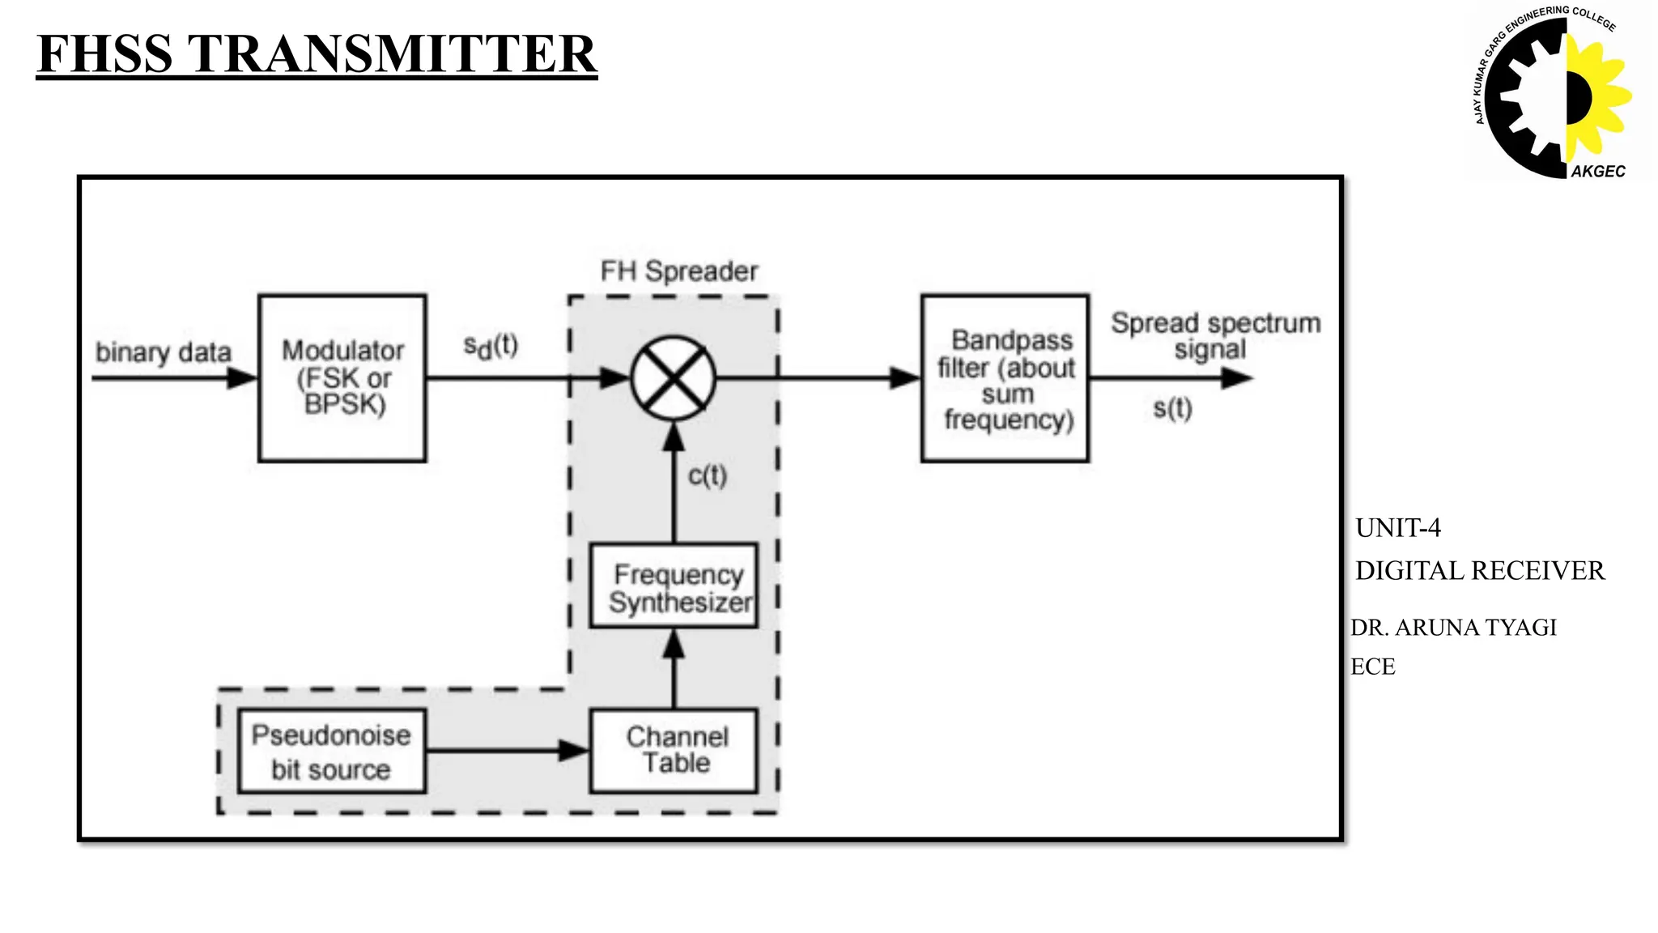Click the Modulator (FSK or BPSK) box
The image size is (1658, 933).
(342, 378)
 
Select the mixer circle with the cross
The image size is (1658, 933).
(674, 378)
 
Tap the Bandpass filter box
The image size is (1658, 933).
(1005, 378)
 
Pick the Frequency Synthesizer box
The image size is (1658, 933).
(674, 586)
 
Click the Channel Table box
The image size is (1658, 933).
(674, 751)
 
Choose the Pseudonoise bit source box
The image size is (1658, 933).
(331, 752)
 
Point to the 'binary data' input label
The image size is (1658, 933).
(164, 353)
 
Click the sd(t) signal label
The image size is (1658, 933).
(491, 346)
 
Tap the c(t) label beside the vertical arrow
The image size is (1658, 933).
(708, 475)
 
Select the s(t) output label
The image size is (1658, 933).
(1172, 408)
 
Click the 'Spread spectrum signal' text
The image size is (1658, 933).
(1214, 335)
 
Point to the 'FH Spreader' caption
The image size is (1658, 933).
(678, 271)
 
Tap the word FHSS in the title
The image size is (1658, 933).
(105, 54)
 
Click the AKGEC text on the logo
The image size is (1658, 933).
(1597, 172)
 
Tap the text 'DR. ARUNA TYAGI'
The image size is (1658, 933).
(1453, 628)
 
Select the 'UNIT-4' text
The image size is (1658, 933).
(1398, 528)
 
